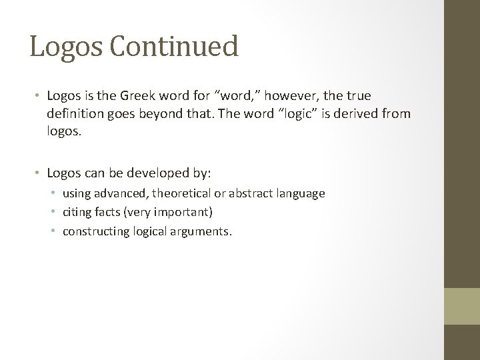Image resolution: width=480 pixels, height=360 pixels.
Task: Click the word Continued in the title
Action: (179, 47)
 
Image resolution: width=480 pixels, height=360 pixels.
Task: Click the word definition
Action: (77, 115)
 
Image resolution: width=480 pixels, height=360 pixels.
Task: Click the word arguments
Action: (201, 232)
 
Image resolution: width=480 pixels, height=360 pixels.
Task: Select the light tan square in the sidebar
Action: (462, 306)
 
